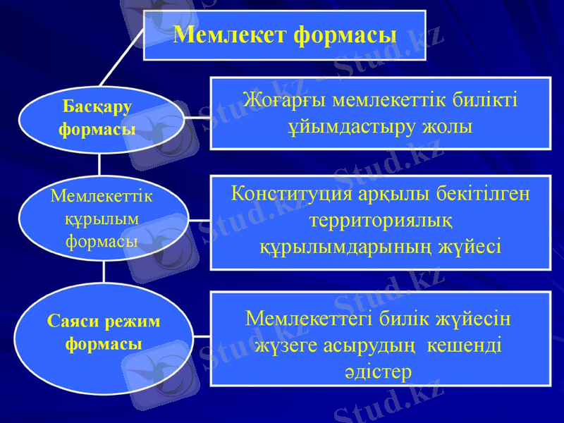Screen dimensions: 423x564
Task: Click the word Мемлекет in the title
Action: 228,34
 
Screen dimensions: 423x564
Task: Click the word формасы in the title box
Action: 344,34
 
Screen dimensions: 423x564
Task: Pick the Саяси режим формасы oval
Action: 104,333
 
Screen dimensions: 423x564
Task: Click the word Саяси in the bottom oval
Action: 73,321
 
